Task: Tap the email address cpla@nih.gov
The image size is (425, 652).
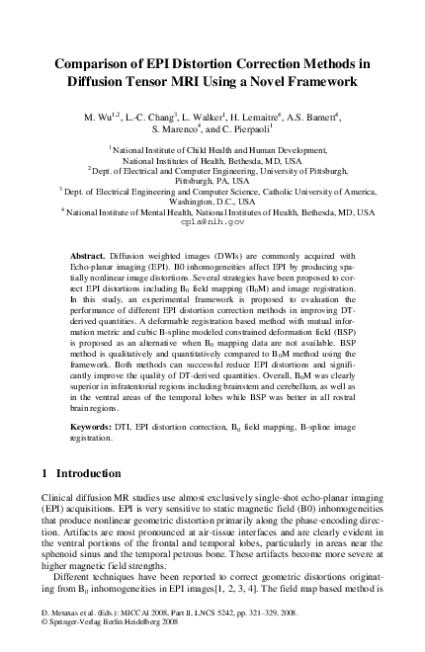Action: tap(212, 223)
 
